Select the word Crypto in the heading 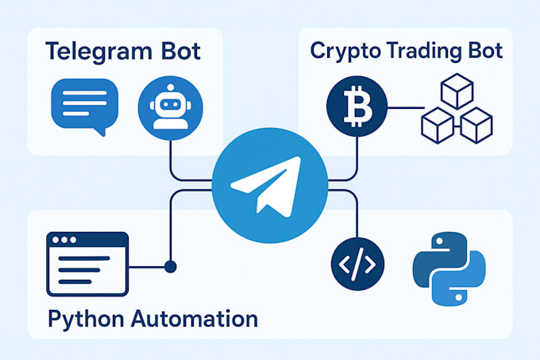343,51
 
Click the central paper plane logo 268,188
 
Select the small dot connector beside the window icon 170,265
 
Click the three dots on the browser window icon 63,239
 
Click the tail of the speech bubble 100,131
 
